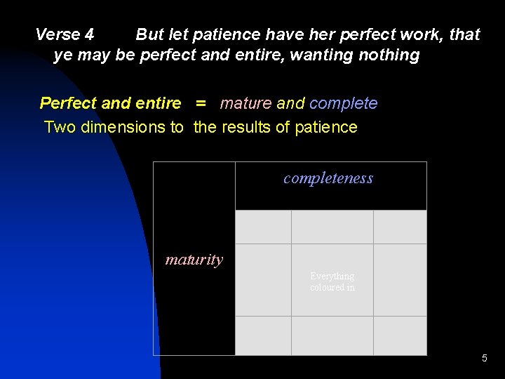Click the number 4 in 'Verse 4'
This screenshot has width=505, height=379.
tap(89, 34)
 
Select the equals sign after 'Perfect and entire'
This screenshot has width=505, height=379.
tap(201, 104)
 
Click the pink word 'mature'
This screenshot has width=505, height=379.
tap(245, 104)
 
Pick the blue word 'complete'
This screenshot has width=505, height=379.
tap(343, 104)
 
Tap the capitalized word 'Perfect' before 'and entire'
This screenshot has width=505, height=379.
tap(68, 104)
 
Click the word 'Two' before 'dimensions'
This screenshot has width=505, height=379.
tap(58, 127)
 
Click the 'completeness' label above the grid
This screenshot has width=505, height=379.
tap(328, 178)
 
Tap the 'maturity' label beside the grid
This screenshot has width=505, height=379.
tap(194, 260)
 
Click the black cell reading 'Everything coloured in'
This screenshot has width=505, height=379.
tap(332, 281)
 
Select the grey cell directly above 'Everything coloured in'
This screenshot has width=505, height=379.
tap(332, 227)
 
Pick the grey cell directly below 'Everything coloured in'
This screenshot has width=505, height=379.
tap(332, 335)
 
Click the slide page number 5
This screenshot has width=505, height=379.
tap(484, 359)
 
